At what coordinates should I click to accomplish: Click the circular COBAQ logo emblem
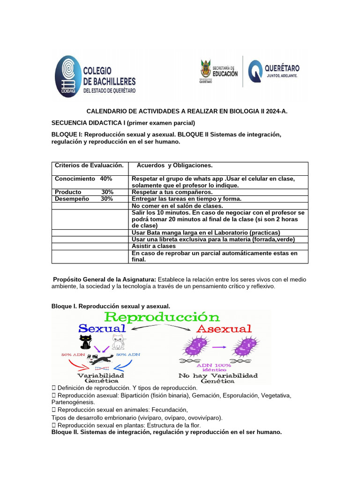[x=68, y=76]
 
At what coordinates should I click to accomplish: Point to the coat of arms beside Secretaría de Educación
[x=205, y=70]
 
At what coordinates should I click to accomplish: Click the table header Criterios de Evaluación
[x=89, y=165]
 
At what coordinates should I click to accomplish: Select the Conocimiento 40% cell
[x=83, y=179]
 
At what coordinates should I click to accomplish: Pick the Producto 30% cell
[x=84, y=192]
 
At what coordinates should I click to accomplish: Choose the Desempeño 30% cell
[x=84, y=199]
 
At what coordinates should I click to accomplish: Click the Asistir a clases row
[x=154, y=246]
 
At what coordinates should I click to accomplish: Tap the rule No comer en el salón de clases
[x=177, y=206]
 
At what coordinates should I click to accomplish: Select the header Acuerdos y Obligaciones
[x=174, y=165]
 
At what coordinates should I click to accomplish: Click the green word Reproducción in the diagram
[x=162, y=317]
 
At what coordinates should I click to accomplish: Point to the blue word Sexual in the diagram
[x=102, y=328]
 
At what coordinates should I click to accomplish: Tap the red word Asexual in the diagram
[x=224, y=329]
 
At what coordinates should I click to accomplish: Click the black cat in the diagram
[x=86, y=342]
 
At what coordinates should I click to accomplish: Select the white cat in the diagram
[x=118, y=342]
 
